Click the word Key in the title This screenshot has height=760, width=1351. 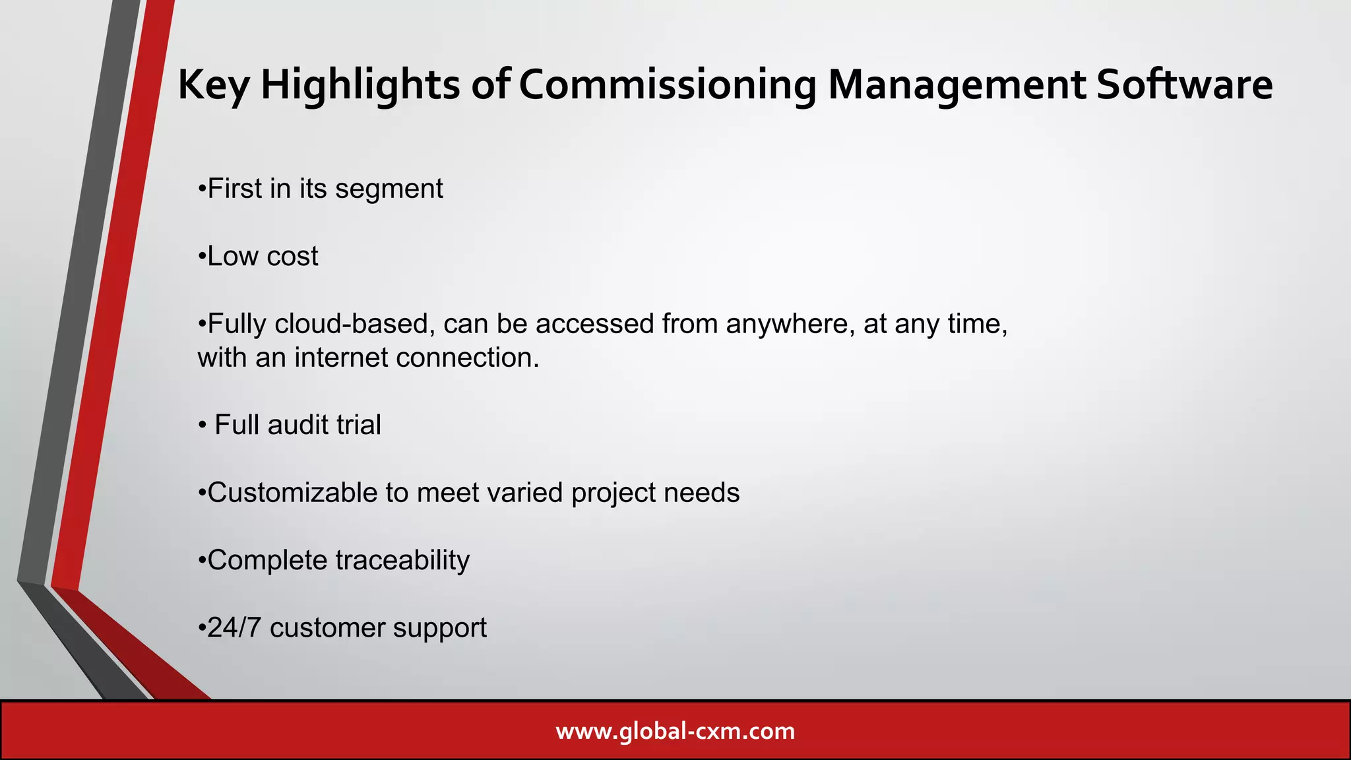point(214,85)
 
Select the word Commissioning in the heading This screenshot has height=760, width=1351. point(668,85)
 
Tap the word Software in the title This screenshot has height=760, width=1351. point(1184,85)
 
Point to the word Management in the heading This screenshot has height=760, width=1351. point(957,85)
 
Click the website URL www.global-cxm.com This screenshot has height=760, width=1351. point(675,731)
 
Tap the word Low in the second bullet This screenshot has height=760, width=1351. point(233,257)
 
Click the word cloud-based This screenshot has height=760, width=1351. point(354,324)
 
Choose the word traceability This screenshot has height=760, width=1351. point(403,560)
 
